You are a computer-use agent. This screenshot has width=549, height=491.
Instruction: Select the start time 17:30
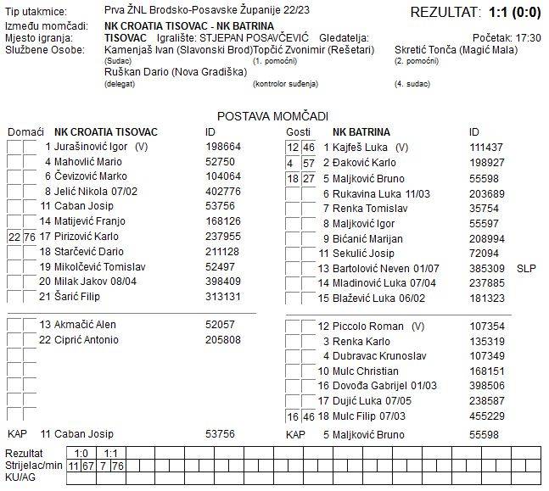527,38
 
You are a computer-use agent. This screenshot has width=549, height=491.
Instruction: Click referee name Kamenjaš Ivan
140,50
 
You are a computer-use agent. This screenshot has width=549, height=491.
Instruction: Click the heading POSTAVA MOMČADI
272,116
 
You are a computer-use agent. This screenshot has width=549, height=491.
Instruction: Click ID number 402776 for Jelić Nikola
223,192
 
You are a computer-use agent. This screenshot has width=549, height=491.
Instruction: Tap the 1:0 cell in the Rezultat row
81,454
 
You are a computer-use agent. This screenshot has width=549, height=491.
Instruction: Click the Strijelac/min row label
33,466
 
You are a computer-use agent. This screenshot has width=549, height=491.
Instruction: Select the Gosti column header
298,132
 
